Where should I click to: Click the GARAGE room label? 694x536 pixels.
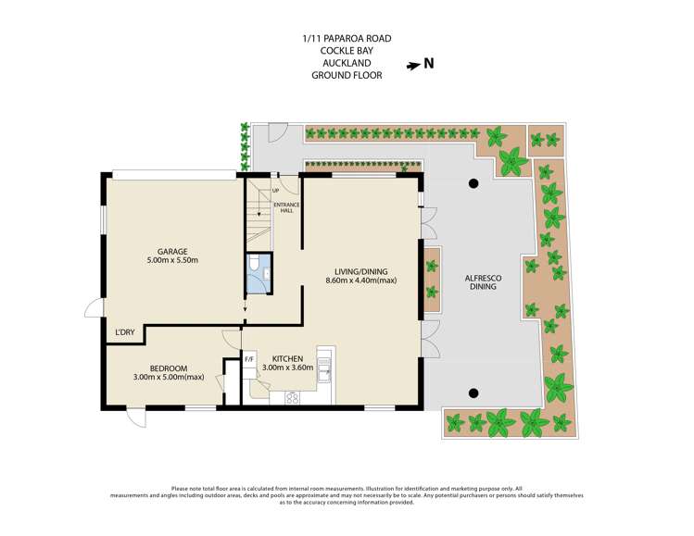click(x=172, y=252)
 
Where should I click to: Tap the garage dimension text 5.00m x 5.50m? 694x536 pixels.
click(x=172, y=260)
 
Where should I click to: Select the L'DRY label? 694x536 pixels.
click(x=125, y=332)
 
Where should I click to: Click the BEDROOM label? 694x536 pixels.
click(x=169, y=368)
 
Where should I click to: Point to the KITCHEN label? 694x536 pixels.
click(x=287, y=358)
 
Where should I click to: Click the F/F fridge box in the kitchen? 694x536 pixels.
click(x=249, y=359)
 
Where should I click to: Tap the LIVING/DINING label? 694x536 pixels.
click(x=360, y=271)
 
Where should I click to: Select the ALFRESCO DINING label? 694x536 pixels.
click(x=483, y=282)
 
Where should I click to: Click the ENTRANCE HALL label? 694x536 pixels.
click(x=286, y=207)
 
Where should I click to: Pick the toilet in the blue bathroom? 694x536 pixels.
click(x=254, y=263)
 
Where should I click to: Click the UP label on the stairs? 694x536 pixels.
click(x=276, y=191)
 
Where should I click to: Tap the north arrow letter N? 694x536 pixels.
click(x=428, y=64)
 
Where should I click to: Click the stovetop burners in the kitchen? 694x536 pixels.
click(x=293, y=398)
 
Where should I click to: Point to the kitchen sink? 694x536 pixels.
click(x=324, y=369)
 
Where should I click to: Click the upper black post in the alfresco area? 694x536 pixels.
click(x=473, y=183)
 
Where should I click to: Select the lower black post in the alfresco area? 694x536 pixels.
click(x=473, y=393)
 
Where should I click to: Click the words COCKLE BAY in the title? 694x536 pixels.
click(x=347, y=51)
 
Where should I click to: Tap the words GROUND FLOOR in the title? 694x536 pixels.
click(x=347, y=75)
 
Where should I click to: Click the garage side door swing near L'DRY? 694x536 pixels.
click(x=94, y=307)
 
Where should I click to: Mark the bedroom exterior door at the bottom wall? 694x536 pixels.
click(x=136, y=418)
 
